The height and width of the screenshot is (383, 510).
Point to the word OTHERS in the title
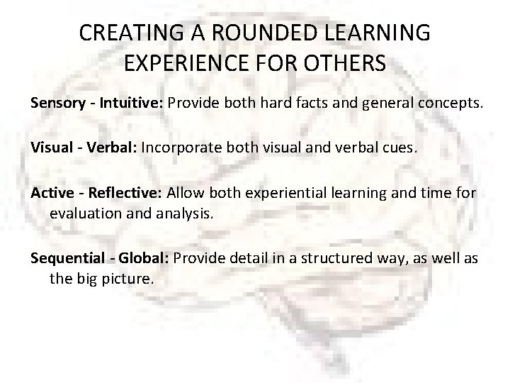pos(349,64)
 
